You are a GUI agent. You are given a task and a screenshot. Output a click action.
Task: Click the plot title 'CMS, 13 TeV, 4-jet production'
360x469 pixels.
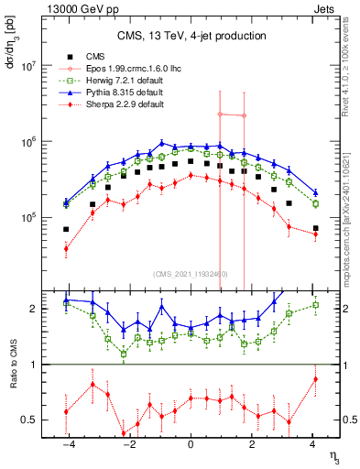point(191,36)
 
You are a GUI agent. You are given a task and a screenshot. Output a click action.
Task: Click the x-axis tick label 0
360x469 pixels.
point(191,444)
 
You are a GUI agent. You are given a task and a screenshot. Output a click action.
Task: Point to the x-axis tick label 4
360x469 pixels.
point(313,444)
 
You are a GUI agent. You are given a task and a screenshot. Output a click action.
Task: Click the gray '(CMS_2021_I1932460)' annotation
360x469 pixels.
point(191,273)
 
